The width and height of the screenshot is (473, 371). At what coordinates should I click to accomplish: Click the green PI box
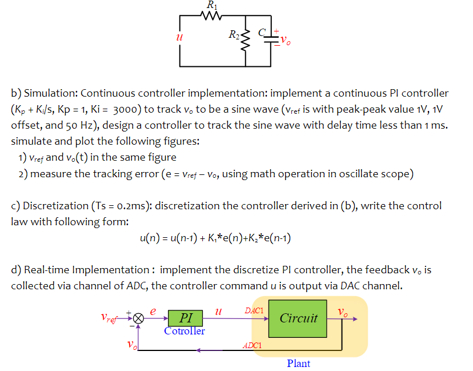pos(185,318)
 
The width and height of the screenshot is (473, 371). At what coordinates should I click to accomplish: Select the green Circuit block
pos(298,318)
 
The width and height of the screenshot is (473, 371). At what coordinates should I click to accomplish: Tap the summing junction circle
pos(138,319)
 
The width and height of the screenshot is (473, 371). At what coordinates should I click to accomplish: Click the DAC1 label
pos(254,310)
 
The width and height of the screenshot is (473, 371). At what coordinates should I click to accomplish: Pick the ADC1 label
pos(252,346)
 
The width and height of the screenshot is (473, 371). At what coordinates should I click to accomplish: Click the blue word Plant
pos(298,364)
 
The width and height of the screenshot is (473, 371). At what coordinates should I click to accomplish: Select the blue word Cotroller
pos(184,330)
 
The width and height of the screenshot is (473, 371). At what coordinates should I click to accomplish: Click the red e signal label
pos(153,310)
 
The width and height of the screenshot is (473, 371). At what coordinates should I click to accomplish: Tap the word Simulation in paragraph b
pos(49,93)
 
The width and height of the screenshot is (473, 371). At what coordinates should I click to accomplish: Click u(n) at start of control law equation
pos(150,237)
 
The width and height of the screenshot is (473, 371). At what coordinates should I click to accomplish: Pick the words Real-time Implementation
pos(85,270)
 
